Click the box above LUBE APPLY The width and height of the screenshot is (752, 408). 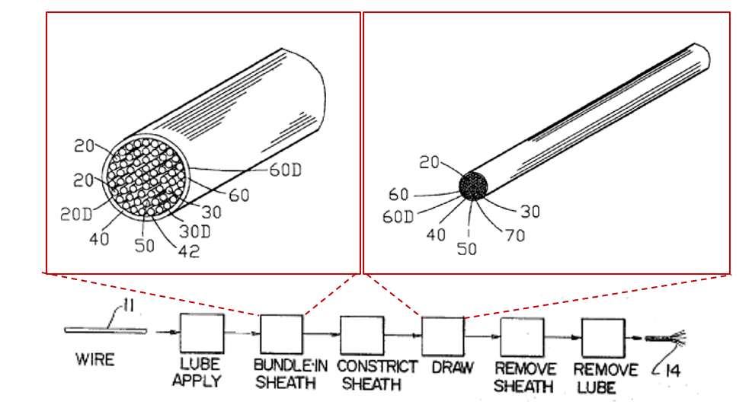click(x=202, y=333)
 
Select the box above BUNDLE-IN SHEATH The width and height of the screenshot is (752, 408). click(x=281, y=334)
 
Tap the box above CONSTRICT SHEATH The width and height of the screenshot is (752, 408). click(x=362, y=335)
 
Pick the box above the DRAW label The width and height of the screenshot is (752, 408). click(x=443, y=336)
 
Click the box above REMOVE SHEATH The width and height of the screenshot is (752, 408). click(x=522, y=337)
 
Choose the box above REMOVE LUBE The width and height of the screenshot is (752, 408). click(x=603, y=338)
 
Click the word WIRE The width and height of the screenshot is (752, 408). click(x=95, y=359)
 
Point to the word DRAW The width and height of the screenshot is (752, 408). click(x=453, y=368)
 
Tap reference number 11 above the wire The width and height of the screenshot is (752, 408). click(x=128, y=305)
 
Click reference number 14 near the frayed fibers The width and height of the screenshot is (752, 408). click(x=674, y=370)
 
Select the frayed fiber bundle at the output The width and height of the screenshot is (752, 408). click(x=666, y=338)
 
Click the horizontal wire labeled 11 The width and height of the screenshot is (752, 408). click(x=105, y=330)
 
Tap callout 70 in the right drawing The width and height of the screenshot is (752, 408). click(x=514, y=235)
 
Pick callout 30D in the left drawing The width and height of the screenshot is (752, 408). click(x=195, y=231)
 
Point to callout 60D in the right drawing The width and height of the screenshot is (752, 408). click(x=398, y=217)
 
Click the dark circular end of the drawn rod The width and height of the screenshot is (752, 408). click(x=473, y=186)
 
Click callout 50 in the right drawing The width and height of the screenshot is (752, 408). click(x=466, y=249)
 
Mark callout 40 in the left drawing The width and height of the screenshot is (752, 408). click(x=99, y=238)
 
